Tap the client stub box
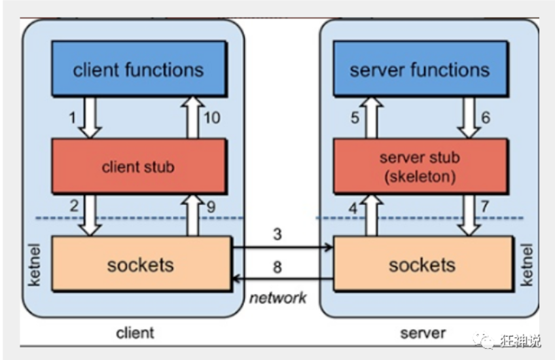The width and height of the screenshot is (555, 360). pos(138,166)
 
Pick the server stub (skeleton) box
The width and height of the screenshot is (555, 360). pos(420,166)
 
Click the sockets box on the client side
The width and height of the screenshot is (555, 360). pos(141,264)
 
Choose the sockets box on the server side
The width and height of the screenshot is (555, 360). pos(421,264)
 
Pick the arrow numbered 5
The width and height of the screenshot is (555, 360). pos(372,117)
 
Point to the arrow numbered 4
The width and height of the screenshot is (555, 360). pos(372,215)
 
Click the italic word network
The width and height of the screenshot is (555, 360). pos(278,298)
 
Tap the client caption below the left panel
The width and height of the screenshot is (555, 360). pos(135,333)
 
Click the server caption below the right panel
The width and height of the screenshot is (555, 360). pos(422,333)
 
